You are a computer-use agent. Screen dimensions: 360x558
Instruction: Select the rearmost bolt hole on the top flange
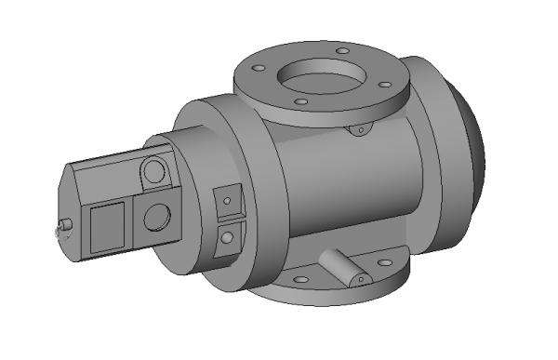pyautogui.click(x=342, y=50)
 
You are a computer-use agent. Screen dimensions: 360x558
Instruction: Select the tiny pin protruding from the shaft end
pyautogui.click(x=65, y=224)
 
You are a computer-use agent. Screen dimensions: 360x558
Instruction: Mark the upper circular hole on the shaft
pyautogui.click(x=154, y=171)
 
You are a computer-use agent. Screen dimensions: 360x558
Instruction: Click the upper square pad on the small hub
pyautogui.click(x=225, y=198)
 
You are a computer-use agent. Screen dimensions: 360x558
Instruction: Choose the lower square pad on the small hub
pyautogui.click(x=226, y=237)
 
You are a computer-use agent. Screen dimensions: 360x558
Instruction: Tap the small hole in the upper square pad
pyautogui.click(x=225, y=199)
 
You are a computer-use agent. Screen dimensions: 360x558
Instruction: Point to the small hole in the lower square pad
pyautogui.click(x=226, y=238)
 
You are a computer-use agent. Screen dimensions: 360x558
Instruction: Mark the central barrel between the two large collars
pyautogui.click(x=344, y=195)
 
